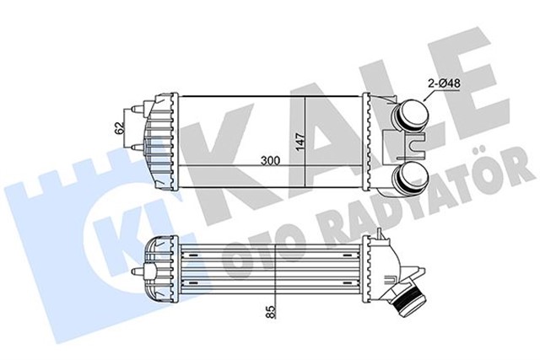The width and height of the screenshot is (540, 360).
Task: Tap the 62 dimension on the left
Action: coord(120,128)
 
